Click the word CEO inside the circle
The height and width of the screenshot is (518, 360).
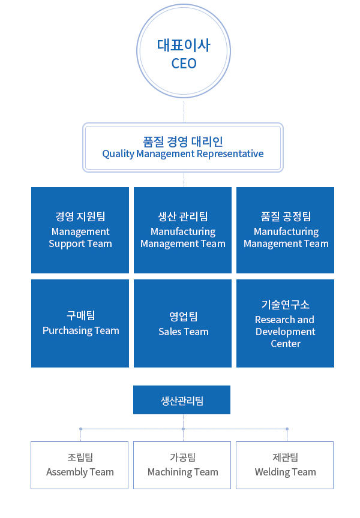pos(184,64)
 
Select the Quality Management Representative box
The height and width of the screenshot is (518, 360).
pos(183,147)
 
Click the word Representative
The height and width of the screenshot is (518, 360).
pos(230,154)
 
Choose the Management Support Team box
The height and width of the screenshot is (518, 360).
pos(80,230)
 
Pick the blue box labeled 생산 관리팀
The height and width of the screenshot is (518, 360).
pos(182,230)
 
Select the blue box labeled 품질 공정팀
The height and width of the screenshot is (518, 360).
pos(285,230)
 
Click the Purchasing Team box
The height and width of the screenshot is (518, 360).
pos(80,323)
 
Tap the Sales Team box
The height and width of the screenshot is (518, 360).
pos(182,323)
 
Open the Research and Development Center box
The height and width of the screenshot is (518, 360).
pos(285,323)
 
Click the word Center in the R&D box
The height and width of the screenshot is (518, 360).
pos(286,344)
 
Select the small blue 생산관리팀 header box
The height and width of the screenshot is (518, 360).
pos(182,400)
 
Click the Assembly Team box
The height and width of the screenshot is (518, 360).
pos(79,465)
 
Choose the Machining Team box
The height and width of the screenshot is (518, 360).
pos(182,465)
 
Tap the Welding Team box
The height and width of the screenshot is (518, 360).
pos(284,465)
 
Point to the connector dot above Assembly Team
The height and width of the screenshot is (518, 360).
pos(80,429)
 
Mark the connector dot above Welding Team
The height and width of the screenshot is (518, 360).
pos(287,429)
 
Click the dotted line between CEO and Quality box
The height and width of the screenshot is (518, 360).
pos(184,112)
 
